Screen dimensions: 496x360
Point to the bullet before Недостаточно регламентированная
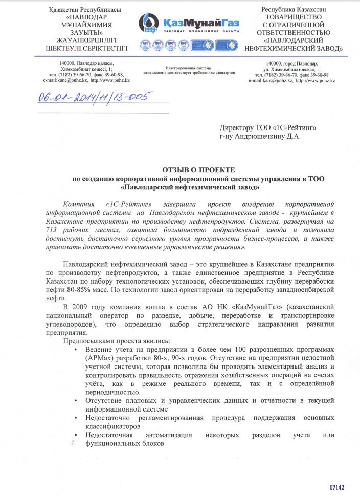point(76,417)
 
